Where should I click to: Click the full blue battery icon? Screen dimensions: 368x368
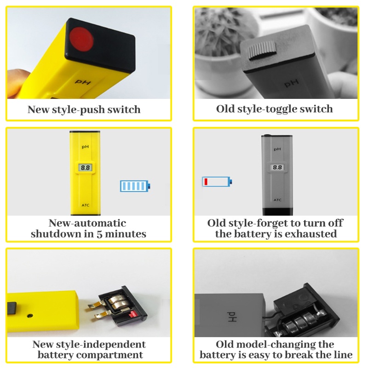click(x=135, y=186)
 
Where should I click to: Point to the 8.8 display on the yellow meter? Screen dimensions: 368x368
click(x=85, y=168)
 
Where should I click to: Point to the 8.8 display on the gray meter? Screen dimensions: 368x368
click(x=277, y=168)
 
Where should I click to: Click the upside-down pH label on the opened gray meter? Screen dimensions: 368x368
click(x=229, y=317)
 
